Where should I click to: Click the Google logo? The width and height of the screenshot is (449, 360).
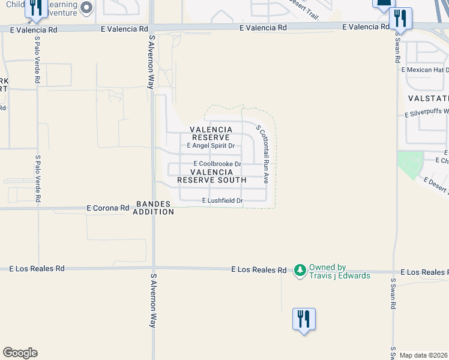click(20, 353)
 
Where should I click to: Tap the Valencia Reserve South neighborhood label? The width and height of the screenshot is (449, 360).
click(211, 176)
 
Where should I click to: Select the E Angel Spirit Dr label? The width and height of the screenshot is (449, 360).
click(210, 146)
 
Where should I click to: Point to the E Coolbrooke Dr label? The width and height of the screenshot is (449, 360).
click(217, 164)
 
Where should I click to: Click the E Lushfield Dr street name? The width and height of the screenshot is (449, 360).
click(222, 200)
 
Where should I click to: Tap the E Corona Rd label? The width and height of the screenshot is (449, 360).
click(108, 208)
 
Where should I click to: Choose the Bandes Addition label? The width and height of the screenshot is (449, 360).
click(154, 208)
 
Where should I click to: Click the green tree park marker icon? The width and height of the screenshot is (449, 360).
click(300, 271)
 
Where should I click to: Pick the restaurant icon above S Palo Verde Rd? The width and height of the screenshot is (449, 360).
click(36, 7)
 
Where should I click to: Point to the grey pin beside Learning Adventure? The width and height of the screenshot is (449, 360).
click(86, 8)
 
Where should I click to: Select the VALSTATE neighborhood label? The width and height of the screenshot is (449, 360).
click(428, 98)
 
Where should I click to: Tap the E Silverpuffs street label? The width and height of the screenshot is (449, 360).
click(426, 113)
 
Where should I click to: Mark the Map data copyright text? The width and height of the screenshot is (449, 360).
click(424, 355)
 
